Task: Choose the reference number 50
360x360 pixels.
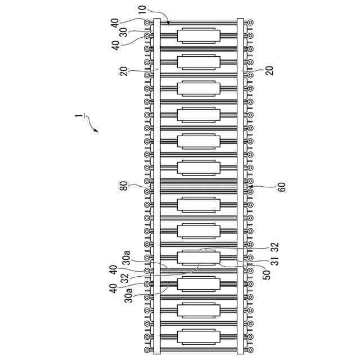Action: tap(266, 274)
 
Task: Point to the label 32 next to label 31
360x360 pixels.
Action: tap(274, 246)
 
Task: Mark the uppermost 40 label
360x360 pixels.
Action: tap(114, 22)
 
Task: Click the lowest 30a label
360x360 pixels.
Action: tap(129, 294)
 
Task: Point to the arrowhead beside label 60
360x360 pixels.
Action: tap(251, 186)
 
